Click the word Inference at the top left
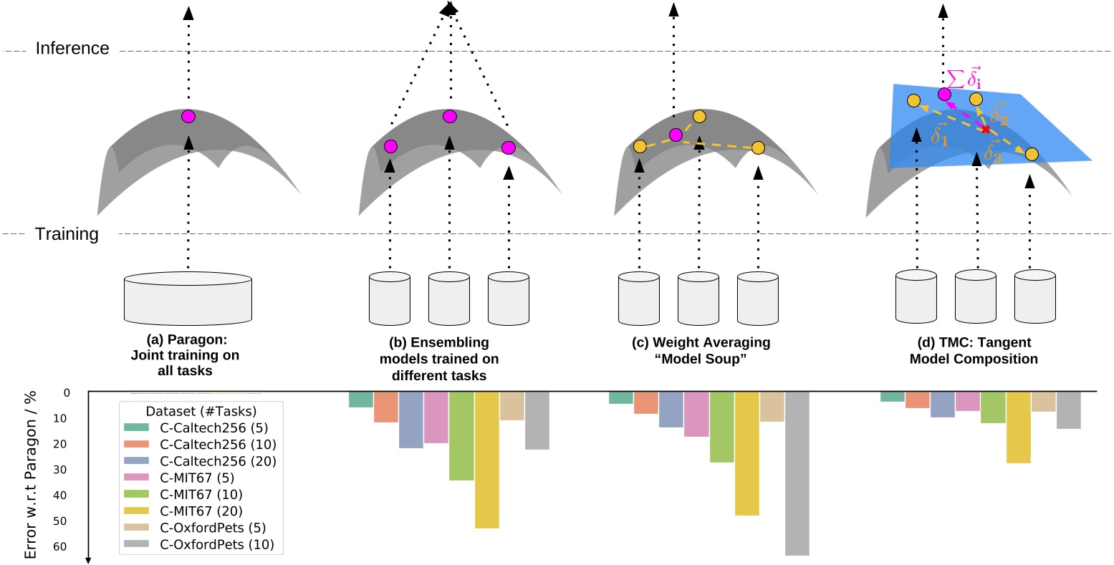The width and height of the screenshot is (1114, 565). click(x=72, y=49)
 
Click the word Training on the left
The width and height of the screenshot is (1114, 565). click(x=67, y=234)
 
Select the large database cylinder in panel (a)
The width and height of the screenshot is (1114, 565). click(x=188, y=298)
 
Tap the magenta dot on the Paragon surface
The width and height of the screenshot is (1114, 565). click(x=188, y=116)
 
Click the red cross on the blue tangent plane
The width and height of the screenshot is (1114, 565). click(x=986, y=130)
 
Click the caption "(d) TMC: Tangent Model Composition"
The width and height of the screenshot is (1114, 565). click(x=974, y=351)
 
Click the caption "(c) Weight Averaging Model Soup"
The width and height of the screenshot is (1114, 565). click(x=701, y=351)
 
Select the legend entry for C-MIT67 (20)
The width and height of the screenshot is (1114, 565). click(x=201, y=511)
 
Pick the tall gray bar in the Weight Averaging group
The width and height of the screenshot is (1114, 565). click(x=797, y=473)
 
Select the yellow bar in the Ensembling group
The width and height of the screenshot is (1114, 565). click(x=486, y=460)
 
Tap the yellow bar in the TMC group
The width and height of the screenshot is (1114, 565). click(x=1018, y=428)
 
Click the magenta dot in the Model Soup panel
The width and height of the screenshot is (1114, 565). click(x=675, y=135)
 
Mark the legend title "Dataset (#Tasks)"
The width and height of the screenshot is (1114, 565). click(x=201, y=411)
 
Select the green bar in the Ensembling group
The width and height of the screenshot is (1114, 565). click(x=461, y=435)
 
